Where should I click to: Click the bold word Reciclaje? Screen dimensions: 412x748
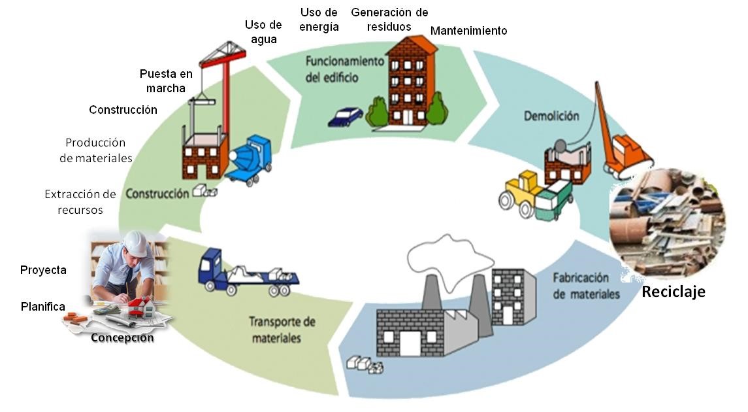673,292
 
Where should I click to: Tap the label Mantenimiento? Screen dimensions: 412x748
468,31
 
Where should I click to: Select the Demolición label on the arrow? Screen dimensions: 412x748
551,116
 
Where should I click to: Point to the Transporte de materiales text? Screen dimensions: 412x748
282,330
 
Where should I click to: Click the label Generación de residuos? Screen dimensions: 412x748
389,20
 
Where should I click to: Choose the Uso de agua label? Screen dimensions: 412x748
263,32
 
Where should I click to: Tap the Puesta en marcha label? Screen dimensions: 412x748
166,80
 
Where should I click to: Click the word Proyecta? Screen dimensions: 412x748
43,270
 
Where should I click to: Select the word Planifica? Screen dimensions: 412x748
42,306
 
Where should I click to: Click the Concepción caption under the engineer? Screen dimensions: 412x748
122,338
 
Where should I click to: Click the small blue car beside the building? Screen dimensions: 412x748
345,117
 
